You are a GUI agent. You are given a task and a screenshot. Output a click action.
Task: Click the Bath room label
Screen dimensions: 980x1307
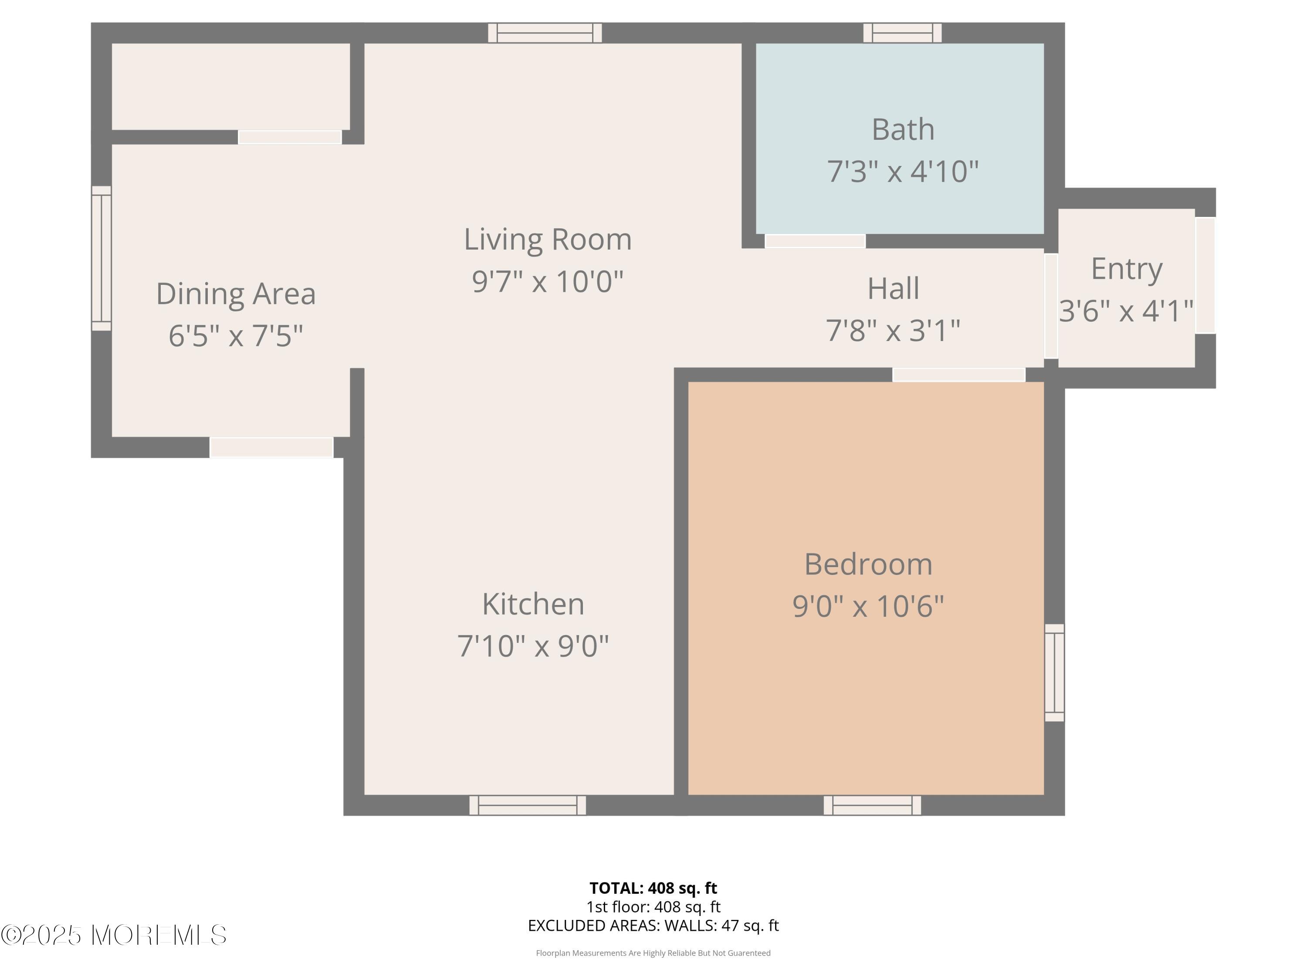click(903, 129)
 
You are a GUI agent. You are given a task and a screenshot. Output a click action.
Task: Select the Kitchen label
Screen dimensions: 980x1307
click(533, 604)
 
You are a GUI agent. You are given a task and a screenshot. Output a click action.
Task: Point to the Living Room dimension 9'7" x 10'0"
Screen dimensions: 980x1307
click(548, 281)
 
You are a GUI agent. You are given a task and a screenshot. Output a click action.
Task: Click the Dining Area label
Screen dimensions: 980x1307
click(236, 294)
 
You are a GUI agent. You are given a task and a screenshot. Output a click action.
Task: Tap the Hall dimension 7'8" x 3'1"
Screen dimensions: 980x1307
click(893, 330)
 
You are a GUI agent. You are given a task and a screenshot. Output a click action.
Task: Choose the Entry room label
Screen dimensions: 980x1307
click(1126, 269)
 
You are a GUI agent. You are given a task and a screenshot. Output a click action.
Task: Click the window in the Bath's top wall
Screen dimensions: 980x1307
click(902, 33)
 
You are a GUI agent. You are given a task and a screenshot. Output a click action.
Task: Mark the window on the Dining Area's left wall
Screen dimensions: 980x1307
click(102, 258)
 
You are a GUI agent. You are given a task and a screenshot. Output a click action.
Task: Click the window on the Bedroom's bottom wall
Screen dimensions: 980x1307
click(872, 805)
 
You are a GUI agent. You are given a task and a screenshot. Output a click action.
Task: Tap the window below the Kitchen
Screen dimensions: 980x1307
click(528, 805)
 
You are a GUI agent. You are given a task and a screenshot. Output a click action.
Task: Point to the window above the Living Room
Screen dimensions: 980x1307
click(545, 33)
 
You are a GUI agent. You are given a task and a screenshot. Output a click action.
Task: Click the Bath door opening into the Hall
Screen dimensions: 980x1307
click(816, 241)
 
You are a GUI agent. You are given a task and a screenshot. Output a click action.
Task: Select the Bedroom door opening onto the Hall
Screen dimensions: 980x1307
click(958, 375)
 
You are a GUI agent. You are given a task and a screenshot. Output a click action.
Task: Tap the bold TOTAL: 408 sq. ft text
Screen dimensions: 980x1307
click(653, 888)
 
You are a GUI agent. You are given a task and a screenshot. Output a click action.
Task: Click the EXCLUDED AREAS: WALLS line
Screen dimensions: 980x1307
click(653, 925)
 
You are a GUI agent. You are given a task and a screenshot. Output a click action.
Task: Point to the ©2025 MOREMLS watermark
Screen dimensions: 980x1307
click(113, 935)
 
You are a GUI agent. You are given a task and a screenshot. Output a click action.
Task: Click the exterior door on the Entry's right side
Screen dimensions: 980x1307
click(1205, 275)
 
